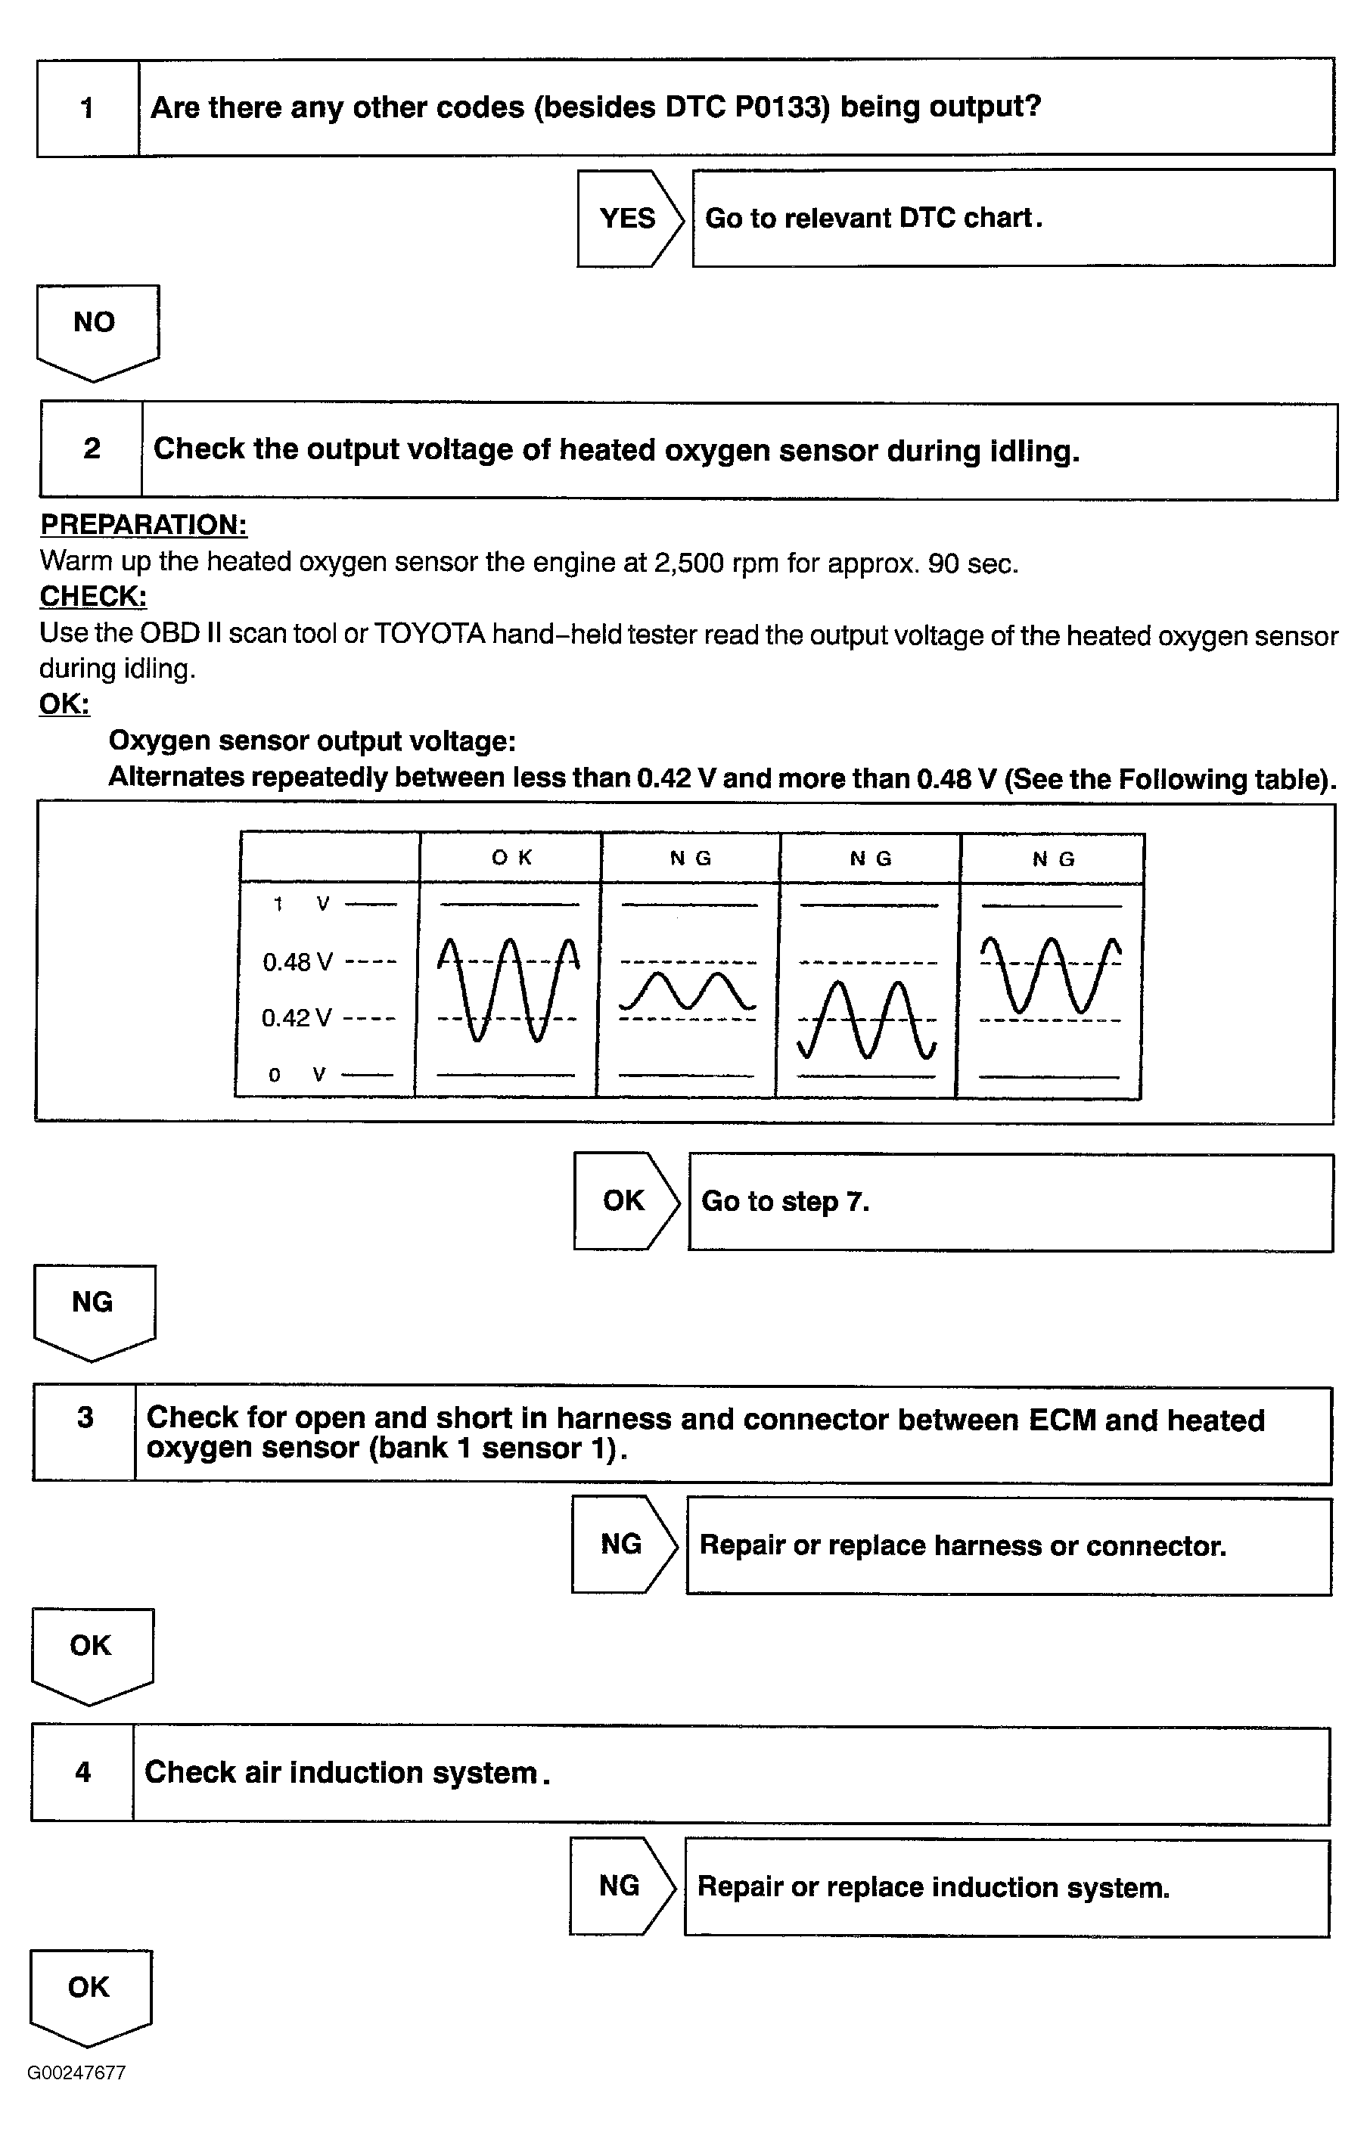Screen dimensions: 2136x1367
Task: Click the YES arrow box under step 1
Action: click(x=628, y=219)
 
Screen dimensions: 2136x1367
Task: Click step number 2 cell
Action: click(x=92, y=449)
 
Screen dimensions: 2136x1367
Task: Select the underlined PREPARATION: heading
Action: click(x=143, y=524)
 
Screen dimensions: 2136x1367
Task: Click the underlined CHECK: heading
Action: click(x=92, y=596)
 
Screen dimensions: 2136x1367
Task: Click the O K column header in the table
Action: click(x=511, y=857)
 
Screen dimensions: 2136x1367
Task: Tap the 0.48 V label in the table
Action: click(x=298, y=962)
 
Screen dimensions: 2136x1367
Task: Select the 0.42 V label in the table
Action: click(x=297, y=1018)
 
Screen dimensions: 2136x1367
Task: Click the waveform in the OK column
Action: click(x=508, y=989)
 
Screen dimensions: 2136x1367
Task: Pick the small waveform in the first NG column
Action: click(x=687, y=992)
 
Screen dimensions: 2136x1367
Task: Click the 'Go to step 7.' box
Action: click(x=1010, y=1202)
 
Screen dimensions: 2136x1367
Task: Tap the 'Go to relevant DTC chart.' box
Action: click(x=1013, y=219)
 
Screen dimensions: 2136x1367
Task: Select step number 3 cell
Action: click(x=85, y=1417)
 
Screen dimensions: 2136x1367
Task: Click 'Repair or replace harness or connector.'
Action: click(x=962, y=1545)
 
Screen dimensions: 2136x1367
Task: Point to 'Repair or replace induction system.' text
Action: click(x=933, y=1886)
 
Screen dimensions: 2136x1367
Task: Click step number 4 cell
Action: click(x=82, y=1772)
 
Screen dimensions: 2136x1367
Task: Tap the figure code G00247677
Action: click(x=76, y=2073)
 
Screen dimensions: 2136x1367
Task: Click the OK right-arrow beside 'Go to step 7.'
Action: click(x=624, y=1200)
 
